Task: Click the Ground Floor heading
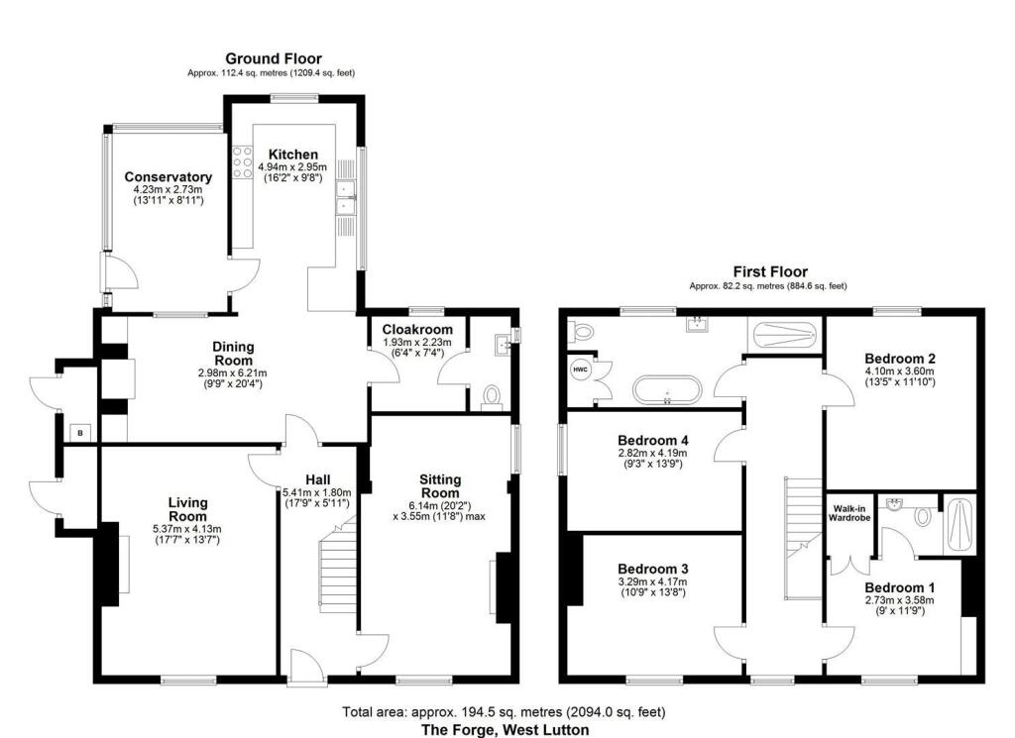(274, 58)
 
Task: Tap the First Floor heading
(770, 271)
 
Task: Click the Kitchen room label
(293, 155)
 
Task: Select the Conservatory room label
(169, 176)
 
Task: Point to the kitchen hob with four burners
(242, 161)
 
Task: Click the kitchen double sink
(346, 196)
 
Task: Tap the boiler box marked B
(80, 433)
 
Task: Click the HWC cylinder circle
(580, 369)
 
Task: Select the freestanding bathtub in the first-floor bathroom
(667, 390)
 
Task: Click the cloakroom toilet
(493, 396)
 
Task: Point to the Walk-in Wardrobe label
(849, 513)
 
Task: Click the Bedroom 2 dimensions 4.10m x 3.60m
(900, 371)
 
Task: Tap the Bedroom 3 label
(652, 570)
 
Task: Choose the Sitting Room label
(440, 485)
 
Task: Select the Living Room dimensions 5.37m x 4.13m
(187, 528)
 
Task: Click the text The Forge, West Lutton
(506, 730)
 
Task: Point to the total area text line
(504, 712)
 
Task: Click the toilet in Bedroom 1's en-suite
(923, 516)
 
